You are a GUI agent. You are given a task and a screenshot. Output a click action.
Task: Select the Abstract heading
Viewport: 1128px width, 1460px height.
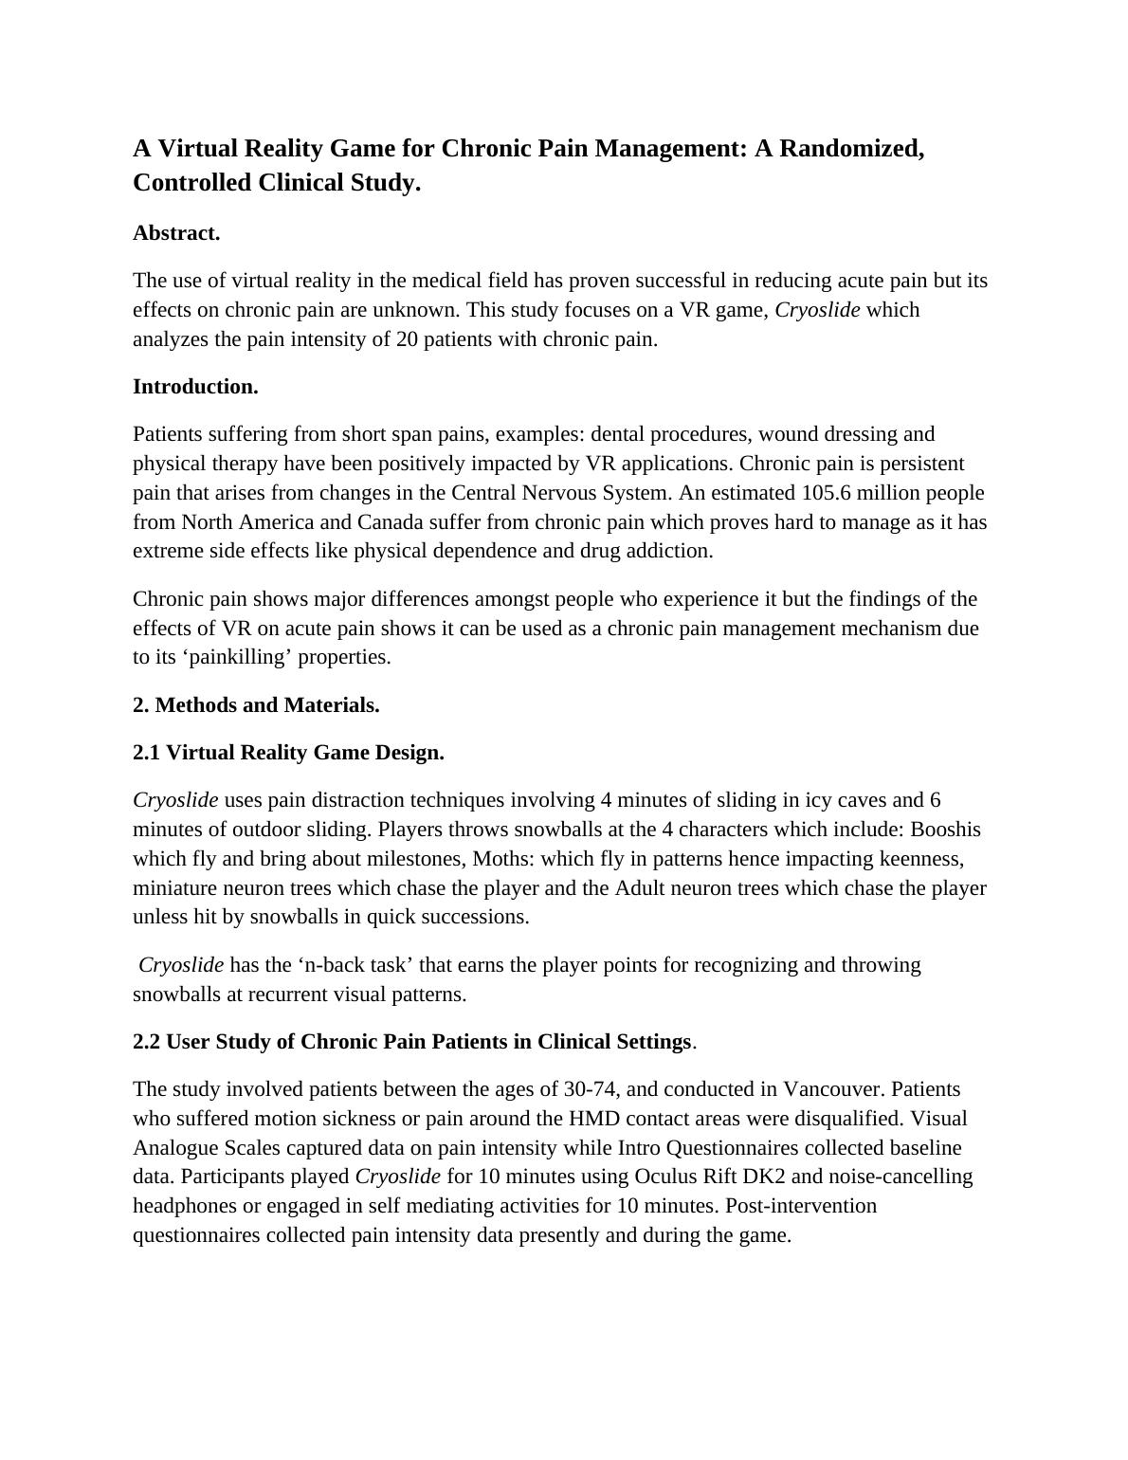pyautogui.click(x=176, y=233)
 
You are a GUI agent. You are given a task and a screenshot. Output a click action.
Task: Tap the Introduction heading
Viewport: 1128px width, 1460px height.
pyautogui.click(x=195, y=387)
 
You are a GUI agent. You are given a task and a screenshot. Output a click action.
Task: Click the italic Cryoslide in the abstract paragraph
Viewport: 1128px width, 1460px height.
pyautogui.click(x=817, y=310)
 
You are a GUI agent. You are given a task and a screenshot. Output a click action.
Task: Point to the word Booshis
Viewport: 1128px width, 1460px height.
pyautogui.click(x=945, y=830)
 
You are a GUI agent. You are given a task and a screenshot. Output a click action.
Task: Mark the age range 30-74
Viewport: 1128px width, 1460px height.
pyautogui.click(x=593, y=1089)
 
